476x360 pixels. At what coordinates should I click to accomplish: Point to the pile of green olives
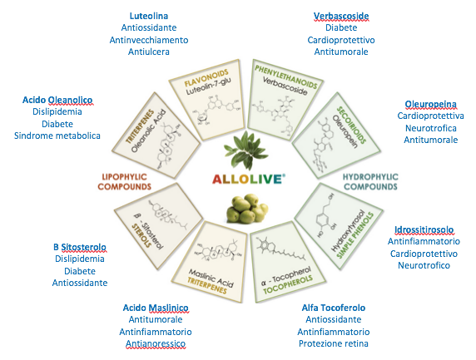pos(247,209)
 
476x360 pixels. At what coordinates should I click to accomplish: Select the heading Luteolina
pos(149,16)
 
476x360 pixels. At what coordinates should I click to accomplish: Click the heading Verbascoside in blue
pos(341,16)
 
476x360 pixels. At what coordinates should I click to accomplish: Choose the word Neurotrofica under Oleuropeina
pos(431,128)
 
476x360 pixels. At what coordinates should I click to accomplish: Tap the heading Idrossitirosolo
pos(424,229)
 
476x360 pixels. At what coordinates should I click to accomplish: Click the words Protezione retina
pos(334,343)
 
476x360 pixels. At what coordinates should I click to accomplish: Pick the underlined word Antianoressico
pos(156,343)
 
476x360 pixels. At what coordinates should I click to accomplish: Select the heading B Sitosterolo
pos(80,247)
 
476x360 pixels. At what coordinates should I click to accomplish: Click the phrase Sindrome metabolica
pos(57,136)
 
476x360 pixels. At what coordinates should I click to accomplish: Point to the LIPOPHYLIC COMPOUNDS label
pos(124,182)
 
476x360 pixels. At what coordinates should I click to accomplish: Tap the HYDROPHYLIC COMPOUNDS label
pos(370,182)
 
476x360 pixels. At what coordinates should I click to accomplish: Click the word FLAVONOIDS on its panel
pos(206,78)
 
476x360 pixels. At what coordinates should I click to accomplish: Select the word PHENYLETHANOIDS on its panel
pos(286,76)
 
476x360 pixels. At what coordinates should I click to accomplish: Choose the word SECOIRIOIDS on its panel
pos(351,125)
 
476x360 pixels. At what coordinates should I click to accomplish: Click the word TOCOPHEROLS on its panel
pos(287,285)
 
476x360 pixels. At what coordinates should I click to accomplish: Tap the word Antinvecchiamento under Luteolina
pos(149,40)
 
